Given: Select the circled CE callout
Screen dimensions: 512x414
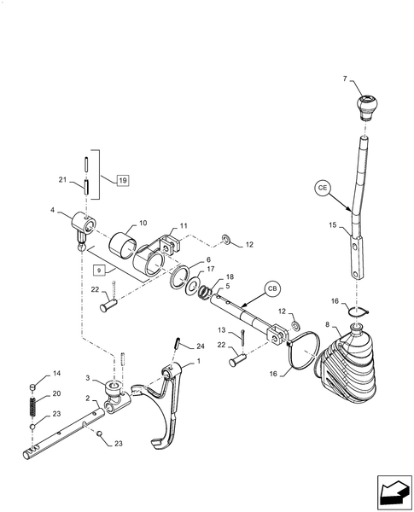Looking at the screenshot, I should (x=324, y=185).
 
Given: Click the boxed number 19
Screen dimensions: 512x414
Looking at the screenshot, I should (x=122, y=181).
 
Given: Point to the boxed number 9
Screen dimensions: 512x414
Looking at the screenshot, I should (x=100, y=269).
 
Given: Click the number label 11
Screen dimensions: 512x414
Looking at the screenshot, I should (x=184, y=228).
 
